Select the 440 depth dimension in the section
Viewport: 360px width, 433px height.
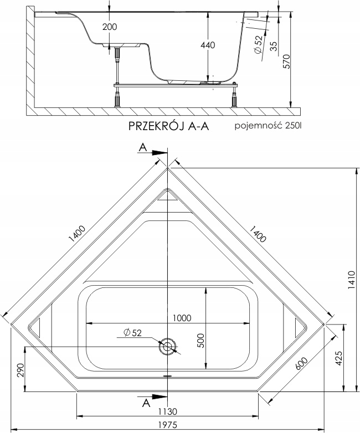[207, 45]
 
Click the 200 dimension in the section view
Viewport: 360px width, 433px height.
[110, 26]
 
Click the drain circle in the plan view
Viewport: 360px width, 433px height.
[167, 348]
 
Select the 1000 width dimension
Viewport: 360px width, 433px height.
[181, 318]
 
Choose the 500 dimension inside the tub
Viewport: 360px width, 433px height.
[201, 342]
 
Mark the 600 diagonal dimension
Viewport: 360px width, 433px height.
[301, 361]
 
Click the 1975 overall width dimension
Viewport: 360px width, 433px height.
[165, 425]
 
